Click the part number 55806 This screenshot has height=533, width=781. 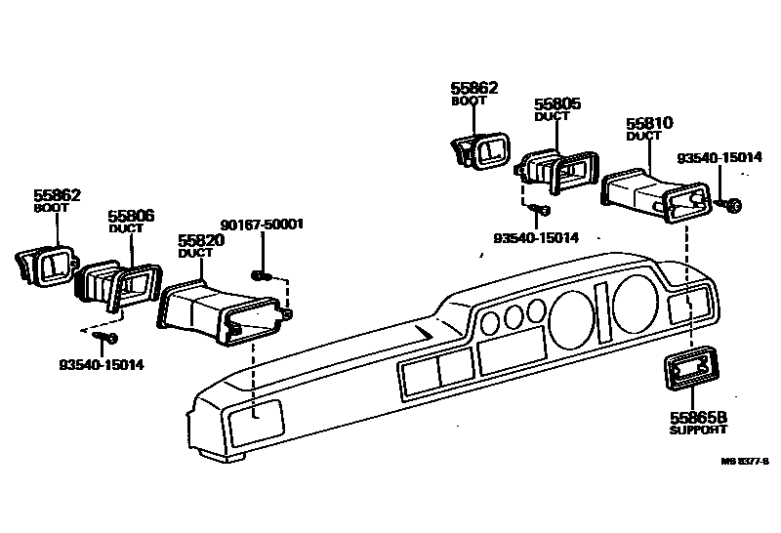tap(131, 216)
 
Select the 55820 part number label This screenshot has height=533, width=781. tap(201, 240)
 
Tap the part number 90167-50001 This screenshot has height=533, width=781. tap(262, 224)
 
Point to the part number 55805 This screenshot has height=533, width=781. tap(557, 103)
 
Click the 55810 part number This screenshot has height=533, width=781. tap(649, 124)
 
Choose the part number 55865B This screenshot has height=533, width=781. tap(696, 416)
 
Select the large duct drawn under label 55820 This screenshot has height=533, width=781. tap(224, 311)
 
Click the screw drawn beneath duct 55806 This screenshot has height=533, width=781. tap(106, 338)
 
